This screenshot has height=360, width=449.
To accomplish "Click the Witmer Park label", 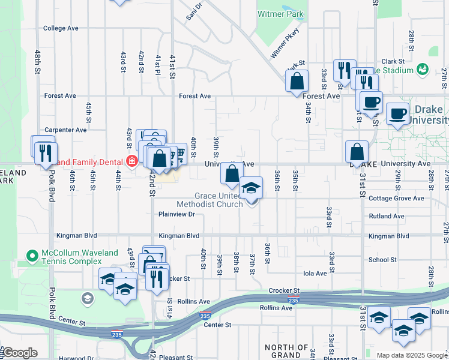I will pos(280,14).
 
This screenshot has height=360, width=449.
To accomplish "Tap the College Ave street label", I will pos(61,28).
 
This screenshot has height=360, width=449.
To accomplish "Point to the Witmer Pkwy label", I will pos(285,46).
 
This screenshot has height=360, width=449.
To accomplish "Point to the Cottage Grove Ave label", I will pos(396,199).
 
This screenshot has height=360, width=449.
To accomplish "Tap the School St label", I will pos(382,260).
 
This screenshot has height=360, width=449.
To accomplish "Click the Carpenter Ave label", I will pos(65,130).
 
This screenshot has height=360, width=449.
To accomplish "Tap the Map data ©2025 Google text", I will pos(412,355).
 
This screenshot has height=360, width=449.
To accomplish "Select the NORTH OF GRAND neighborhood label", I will pos(286,352).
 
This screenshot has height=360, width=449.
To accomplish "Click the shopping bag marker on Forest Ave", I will pos(297,82).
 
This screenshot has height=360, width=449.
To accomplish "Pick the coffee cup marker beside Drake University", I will pos(397,113).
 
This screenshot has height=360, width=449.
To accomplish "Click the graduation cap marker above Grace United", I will pos(251,188).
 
